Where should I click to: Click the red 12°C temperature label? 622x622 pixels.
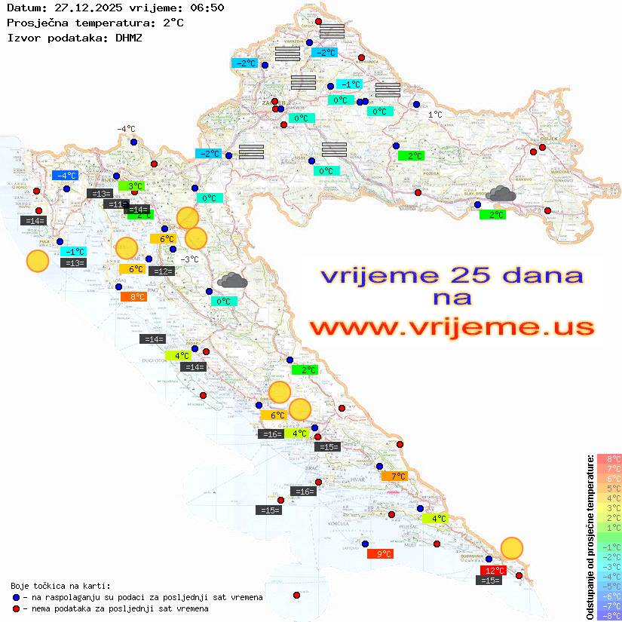[x=493, y=570]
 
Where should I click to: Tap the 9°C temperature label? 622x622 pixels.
[x=380, y=553]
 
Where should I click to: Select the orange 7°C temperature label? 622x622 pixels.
[x=394, y=476]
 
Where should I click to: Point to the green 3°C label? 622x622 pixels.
[x=131, y=185]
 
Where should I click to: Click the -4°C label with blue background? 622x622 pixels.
[x=66, y=175]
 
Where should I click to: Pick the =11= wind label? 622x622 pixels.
[x=115, y=204]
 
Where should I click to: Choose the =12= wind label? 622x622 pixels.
[x=162, y=271]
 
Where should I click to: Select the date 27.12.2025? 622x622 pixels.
[x=82, y=8]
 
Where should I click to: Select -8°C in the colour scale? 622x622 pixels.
[x=608, y=615]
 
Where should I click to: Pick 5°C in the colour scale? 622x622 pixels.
[x=608, y=488]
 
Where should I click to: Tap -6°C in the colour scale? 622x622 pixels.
[x=608, y=596]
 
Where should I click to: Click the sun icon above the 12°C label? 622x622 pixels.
[x=512, y=548]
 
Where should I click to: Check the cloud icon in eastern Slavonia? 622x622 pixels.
[x=500, y=195]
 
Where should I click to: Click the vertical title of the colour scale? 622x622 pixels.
[x=590, y=537]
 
